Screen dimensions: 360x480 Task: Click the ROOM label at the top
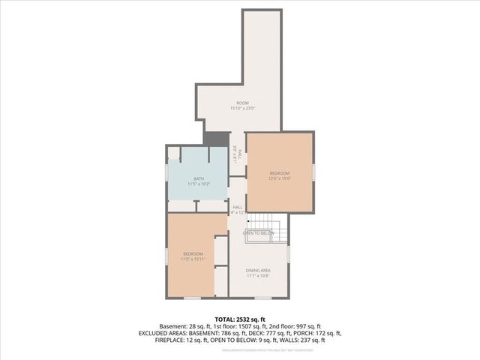pos(242,103)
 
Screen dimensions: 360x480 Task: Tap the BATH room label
pos(199,178)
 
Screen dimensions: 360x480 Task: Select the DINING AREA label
pos(259,270)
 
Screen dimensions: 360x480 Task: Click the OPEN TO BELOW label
pos(258,233)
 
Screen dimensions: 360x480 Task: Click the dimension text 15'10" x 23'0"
pos(242,109)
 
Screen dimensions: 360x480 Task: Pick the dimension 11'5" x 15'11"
pos(193,259)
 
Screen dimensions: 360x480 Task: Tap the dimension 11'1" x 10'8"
pos(259,276)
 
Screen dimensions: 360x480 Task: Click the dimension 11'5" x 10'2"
pos(199,184)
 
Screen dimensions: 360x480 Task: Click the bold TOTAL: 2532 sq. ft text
pos(240,319)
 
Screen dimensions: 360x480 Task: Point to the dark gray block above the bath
pos(216,140)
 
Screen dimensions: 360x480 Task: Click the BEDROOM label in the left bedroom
pos(193,254)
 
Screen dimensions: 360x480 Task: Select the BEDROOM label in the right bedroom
pos(279,173)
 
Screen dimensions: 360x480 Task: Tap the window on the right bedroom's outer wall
pos(315,172)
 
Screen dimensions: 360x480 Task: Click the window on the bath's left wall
pos(166,173)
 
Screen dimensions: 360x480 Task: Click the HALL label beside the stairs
pos(237,207)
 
